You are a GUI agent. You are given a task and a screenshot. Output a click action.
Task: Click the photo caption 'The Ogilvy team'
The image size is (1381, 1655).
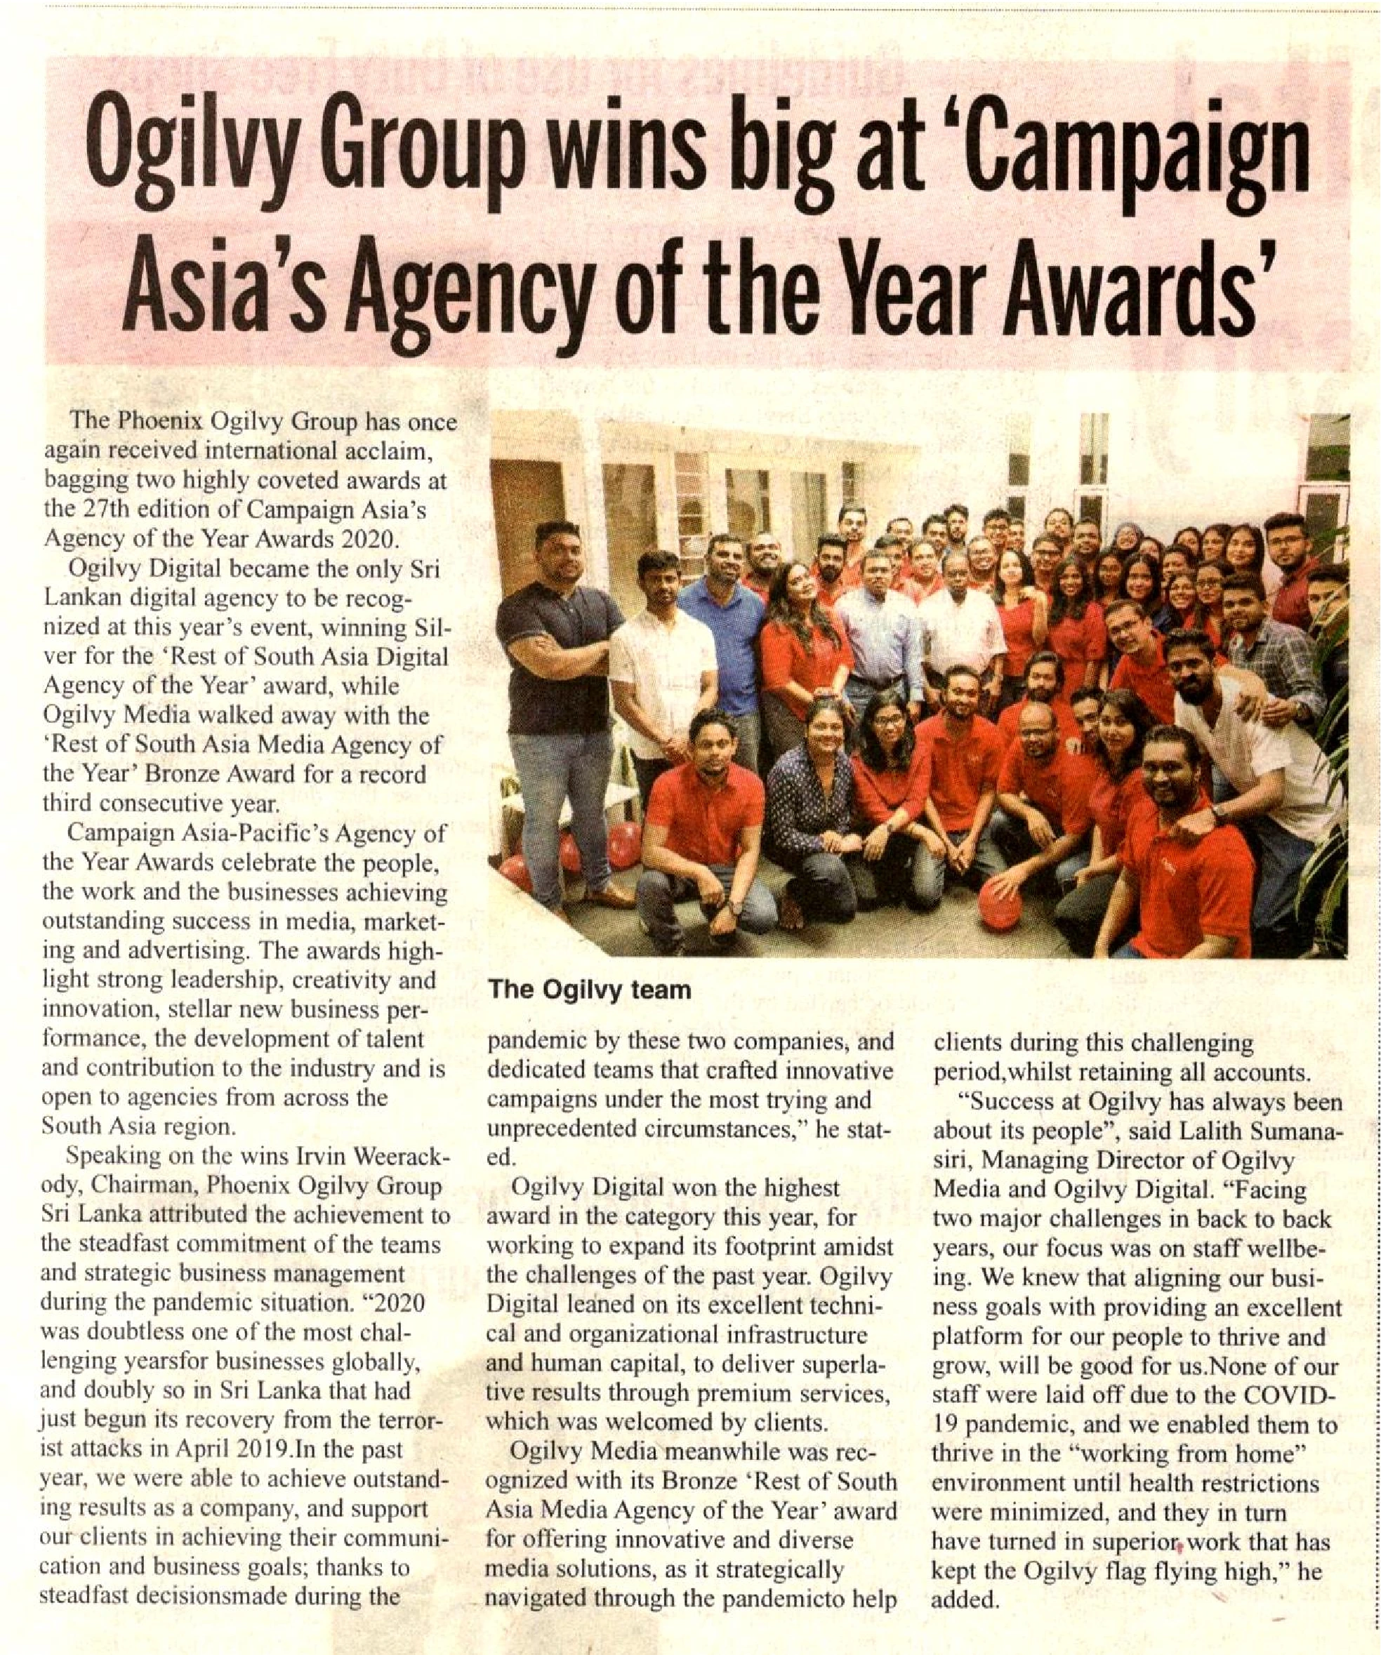click(x=590, y=990)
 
